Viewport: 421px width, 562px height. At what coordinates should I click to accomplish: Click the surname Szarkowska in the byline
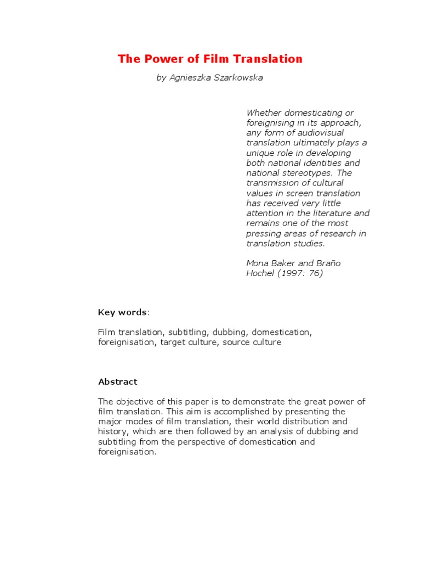tap(240, 77)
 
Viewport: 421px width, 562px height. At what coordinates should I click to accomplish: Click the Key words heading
tap(123, 312)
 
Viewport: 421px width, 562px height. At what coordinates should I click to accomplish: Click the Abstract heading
tap(117, 382)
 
